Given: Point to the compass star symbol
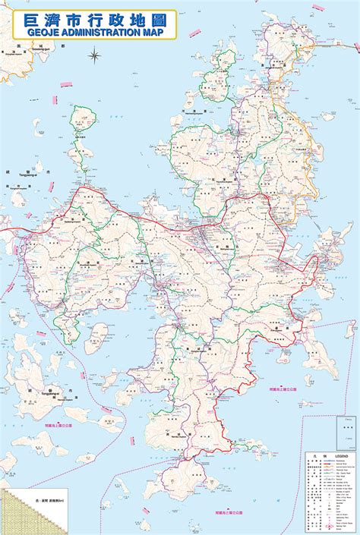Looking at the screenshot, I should point(95,55).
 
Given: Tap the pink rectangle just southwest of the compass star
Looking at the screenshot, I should point(66,83).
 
